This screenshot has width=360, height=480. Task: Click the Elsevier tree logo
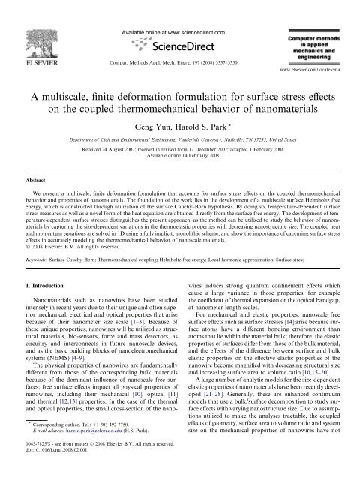coord(30,26)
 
